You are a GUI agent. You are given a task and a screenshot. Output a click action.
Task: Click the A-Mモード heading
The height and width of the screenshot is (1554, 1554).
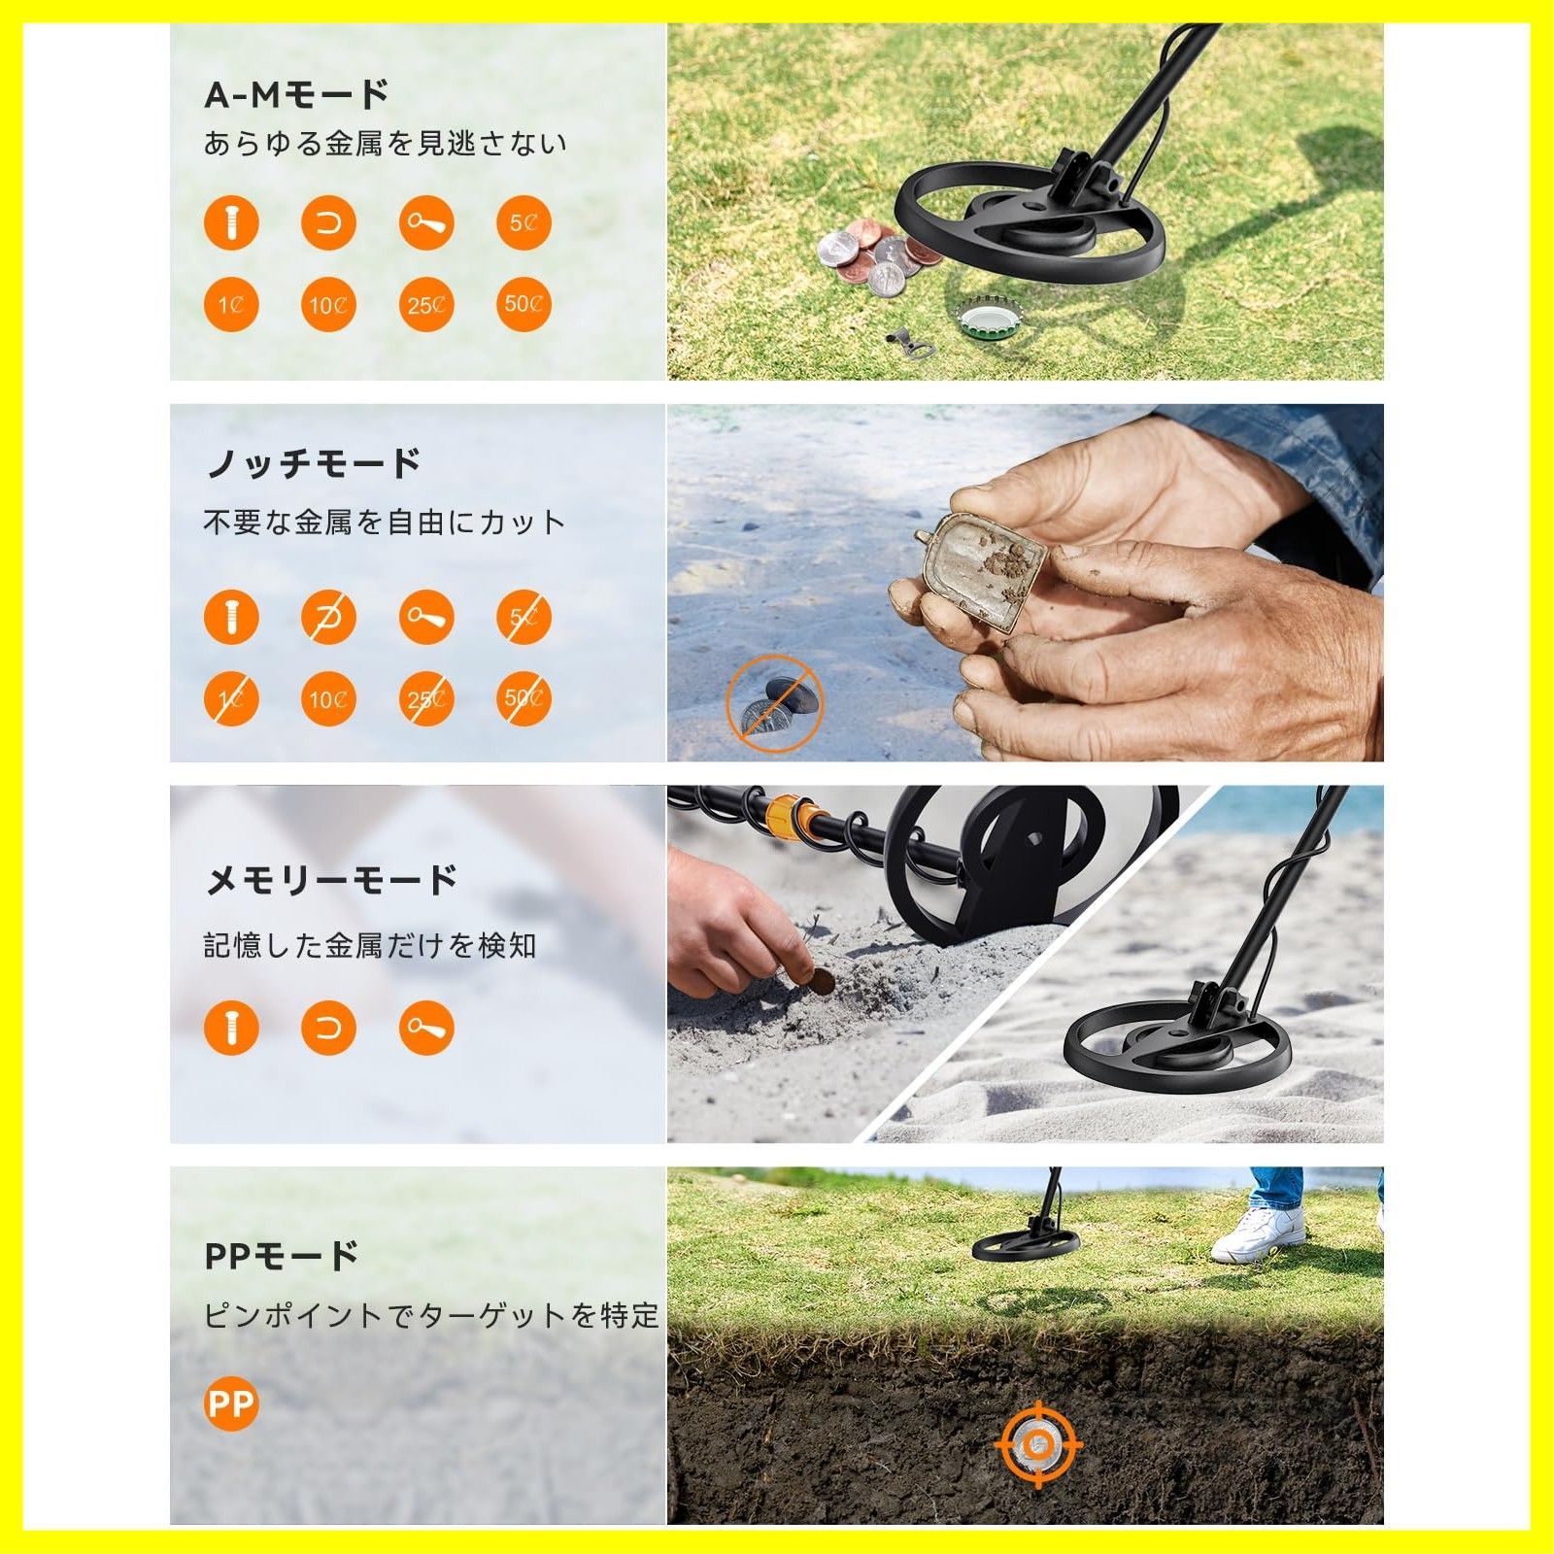point(297,94)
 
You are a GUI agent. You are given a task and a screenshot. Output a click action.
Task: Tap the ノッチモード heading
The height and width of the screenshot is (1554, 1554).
point(313,463)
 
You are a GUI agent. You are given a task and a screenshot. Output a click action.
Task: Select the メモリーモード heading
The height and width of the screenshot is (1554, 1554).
point(330,880)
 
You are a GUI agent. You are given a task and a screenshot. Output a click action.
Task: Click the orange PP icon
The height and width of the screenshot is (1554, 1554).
point(231,1403)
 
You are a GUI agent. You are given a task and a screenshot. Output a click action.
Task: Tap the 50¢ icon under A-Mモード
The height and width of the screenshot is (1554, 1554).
point(524,305)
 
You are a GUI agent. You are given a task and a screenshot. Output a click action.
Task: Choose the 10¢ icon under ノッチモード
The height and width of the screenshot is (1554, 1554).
point(328,699)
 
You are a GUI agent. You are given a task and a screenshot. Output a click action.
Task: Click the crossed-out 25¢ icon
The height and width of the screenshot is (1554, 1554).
point(426,699)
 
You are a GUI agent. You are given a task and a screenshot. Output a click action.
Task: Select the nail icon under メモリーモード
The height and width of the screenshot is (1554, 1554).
point(231,1028)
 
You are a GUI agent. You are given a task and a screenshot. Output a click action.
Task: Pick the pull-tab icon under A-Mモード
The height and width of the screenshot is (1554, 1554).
point(426,223)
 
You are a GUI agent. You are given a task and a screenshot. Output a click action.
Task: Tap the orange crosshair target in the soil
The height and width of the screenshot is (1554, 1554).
point(1038,1444)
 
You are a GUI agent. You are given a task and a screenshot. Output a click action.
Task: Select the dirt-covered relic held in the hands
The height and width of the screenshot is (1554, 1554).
point(981,570)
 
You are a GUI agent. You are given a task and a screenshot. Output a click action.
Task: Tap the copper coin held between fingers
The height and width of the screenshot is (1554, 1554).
point(822,981)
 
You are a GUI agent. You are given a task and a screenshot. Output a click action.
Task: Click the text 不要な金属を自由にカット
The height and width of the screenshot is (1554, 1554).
point(384,523)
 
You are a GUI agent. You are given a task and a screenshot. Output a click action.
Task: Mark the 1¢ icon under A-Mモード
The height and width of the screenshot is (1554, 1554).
point(231,305)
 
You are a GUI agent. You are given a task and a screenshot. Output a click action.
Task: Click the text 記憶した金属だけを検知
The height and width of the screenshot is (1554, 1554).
point(369,945)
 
